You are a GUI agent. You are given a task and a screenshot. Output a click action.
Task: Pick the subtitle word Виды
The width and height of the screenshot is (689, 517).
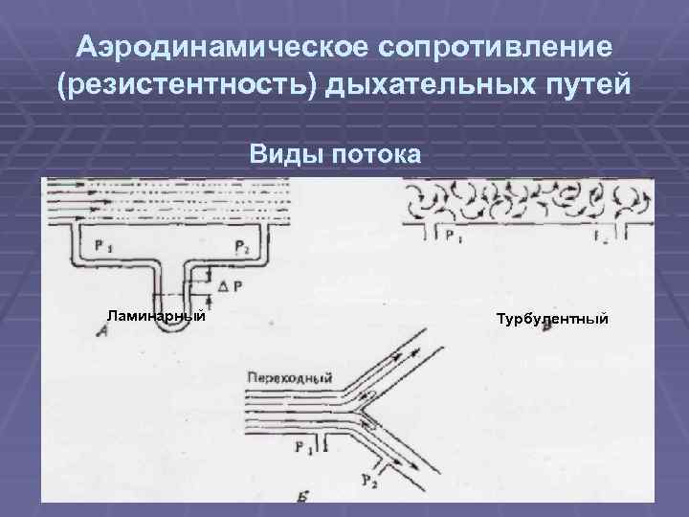(283, 152)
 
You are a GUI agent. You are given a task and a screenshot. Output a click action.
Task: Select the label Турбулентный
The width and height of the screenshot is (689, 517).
(552, 317)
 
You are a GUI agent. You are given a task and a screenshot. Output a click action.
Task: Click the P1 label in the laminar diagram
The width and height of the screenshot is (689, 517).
(102, 246)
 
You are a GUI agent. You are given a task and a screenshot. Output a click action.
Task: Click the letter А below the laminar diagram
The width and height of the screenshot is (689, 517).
(102, 331)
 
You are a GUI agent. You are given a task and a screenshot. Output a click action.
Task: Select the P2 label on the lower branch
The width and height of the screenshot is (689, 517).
(368, 479)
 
